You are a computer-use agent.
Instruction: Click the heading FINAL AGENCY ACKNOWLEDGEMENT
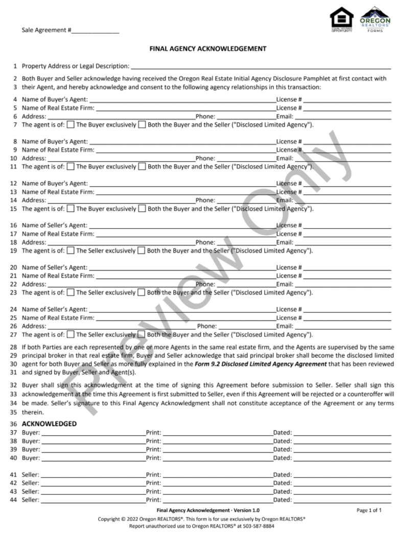(x=207, y=49)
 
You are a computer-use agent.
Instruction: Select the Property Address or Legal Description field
(x=261, y=66)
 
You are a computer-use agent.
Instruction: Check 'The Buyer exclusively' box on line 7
(x=71, y=124)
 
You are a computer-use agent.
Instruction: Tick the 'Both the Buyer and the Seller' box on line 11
(x=142, y=166)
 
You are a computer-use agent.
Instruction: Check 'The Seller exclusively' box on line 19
(x=71, y=251)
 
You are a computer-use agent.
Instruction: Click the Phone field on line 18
(x=245, y=242)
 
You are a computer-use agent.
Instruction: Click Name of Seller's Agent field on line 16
(x=181, y=225)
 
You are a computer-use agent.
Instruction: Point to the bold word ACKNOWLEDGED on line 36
(x=49, y=424)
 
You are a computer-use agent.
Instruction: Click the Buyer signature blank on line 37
(x=93, y=433)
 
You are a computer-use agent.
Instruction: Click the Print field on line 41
(x=217, y=474)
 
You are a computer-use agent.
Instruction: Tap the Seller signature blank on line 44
(x=93, y=500)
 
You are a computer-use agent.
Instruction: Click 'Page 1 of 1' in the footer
(x=369, y=510)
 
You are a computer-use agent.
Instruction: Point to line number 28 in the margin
(x=13, y=347)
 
